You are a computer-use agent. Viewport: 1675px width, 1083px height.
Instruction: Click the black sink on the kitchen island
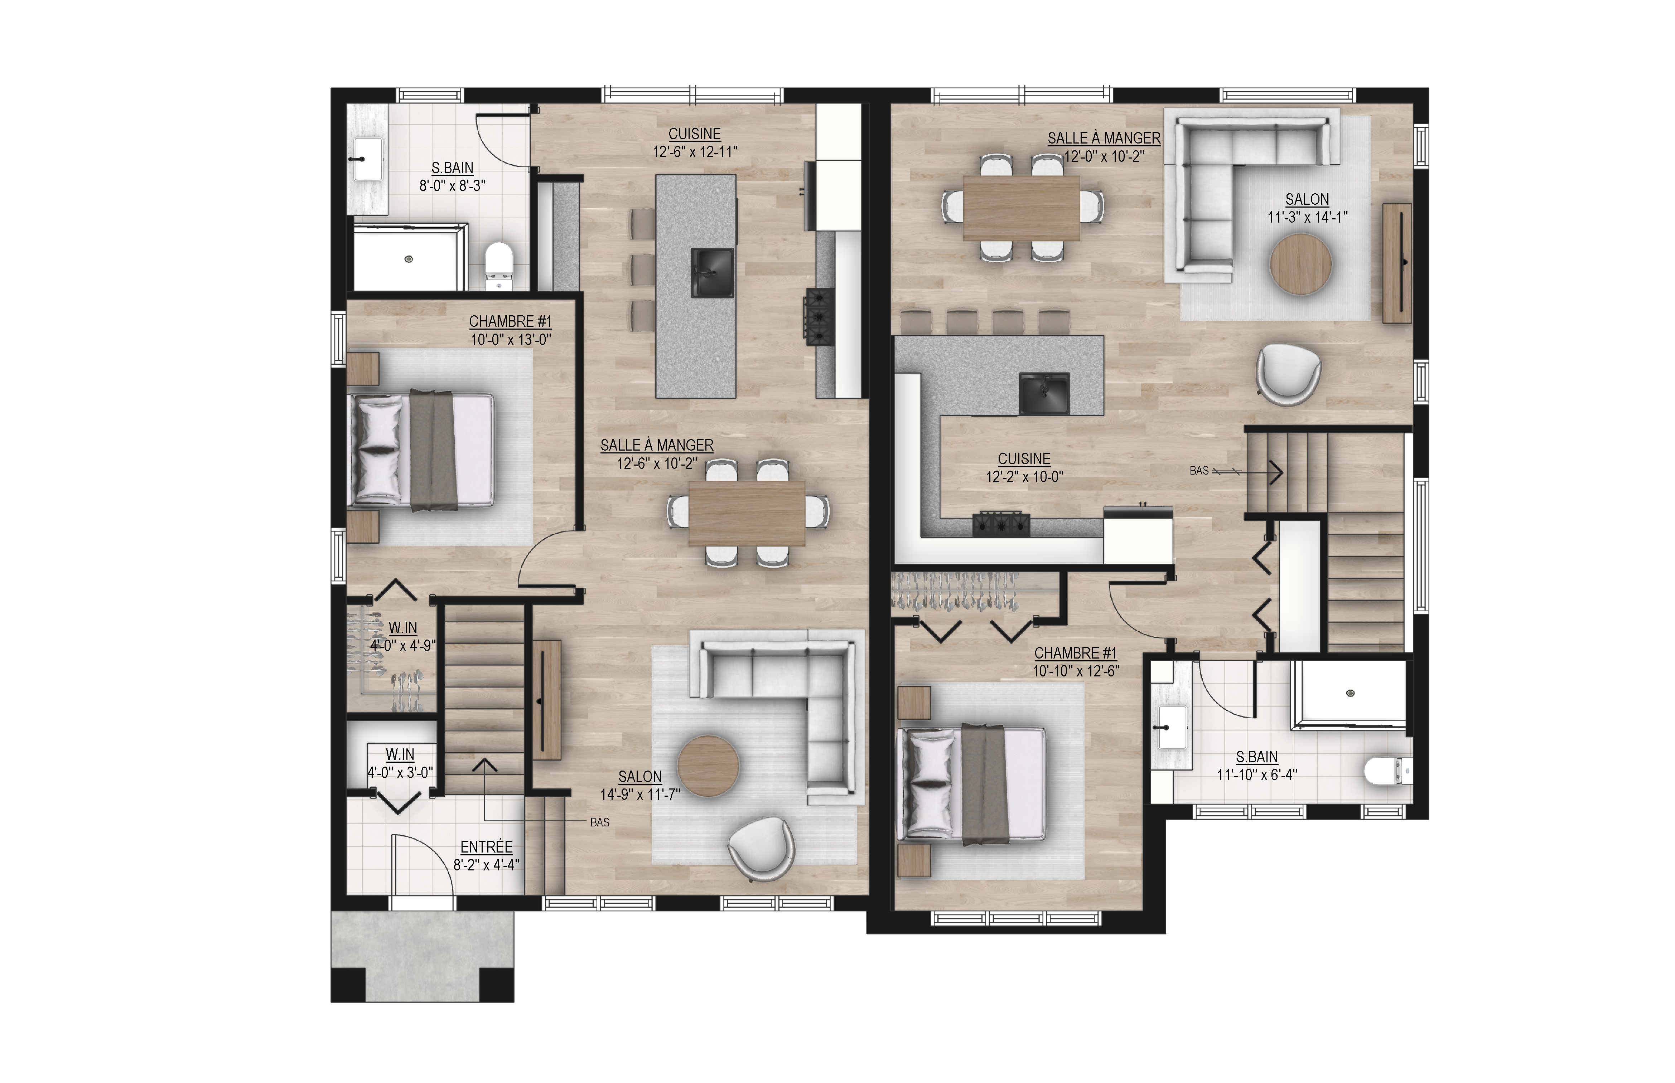coord(713,272)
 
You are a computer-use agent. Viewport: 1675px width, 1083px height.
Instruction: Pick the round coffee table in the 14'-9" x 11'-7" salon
coord(708,766)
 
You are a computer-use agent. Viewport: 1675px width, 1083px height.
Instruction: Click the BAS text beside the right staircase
coord(1199,471)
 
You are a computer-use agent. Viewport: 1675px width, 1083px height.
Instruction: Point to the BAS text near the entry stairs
coord(599,822)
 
